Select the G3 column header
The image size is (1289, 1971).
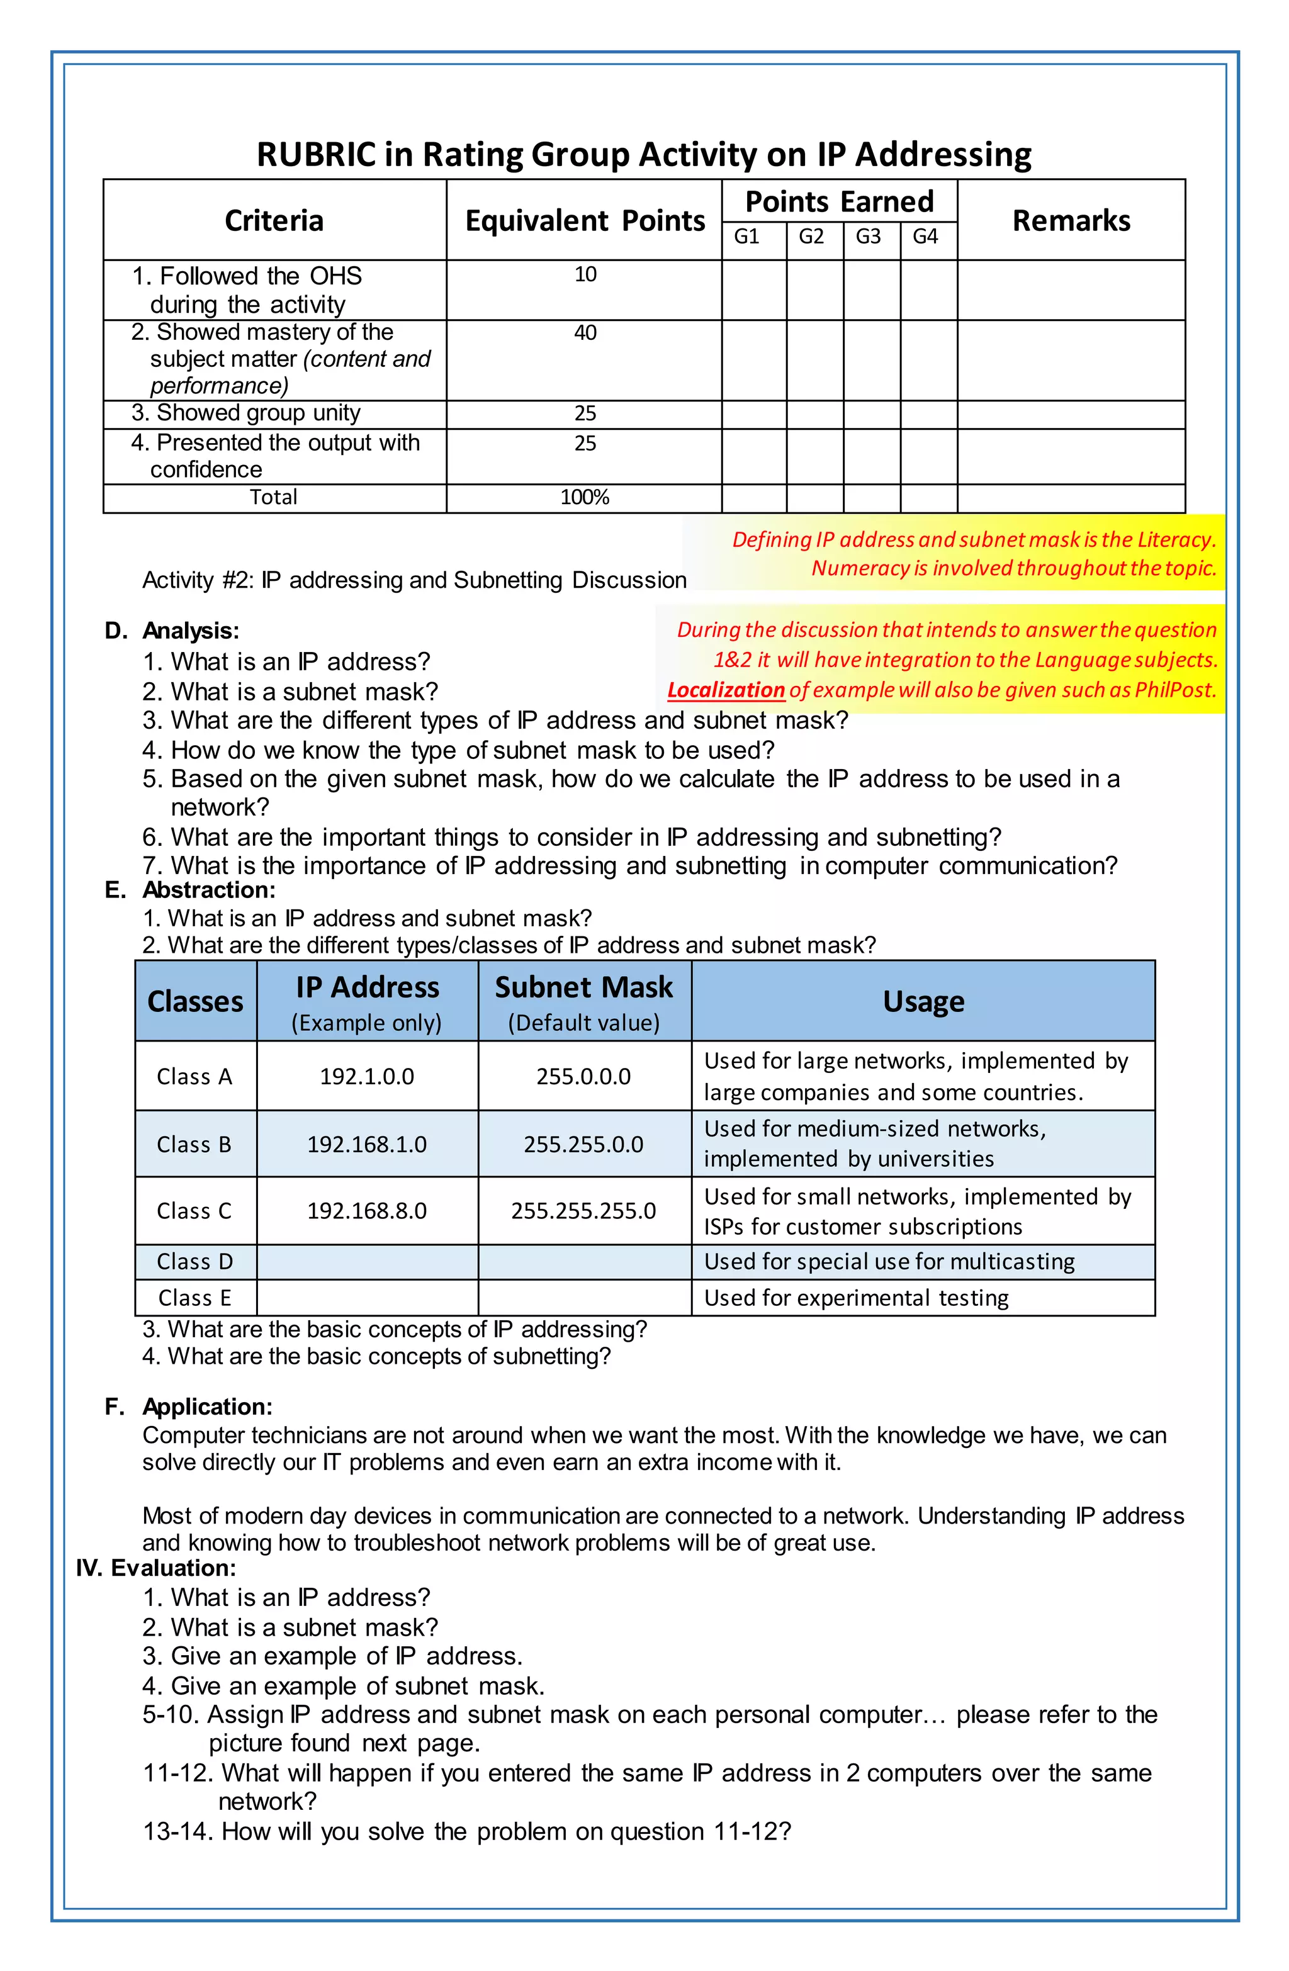click(867, 237)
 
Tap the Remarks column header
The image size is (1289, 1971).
click(1071, 220)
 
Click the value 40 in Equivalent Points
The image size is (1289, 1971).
click(585, 333)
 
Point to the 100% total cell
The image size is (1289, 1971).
click(584, 498)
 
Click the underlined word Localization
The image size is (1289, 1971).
click(726, 690)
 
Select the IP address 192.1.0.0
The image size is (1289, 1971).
click(367, 1077)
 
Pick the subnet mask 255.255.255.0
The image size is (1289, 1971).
click(583, 1211)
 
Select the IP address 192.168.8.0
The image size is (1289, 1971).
click(367, 1211)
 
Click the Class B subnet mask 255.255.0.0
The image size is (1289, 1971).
click(583, 1145)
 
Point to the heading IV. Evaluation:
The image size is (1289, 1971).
click(155, 1568)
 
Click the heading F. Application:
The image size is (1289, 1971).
click(189, 1407)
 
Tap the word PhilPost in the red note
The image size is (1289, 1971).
click(1174, 690)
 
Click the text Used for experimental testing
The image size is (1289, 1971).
click(856, 1298)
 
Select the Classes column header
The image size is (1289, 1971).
click(196, 1001)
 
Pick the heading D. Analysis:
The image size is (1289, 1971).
click(172, 631)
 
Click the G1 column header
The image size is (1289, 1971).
click(746, 237)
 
